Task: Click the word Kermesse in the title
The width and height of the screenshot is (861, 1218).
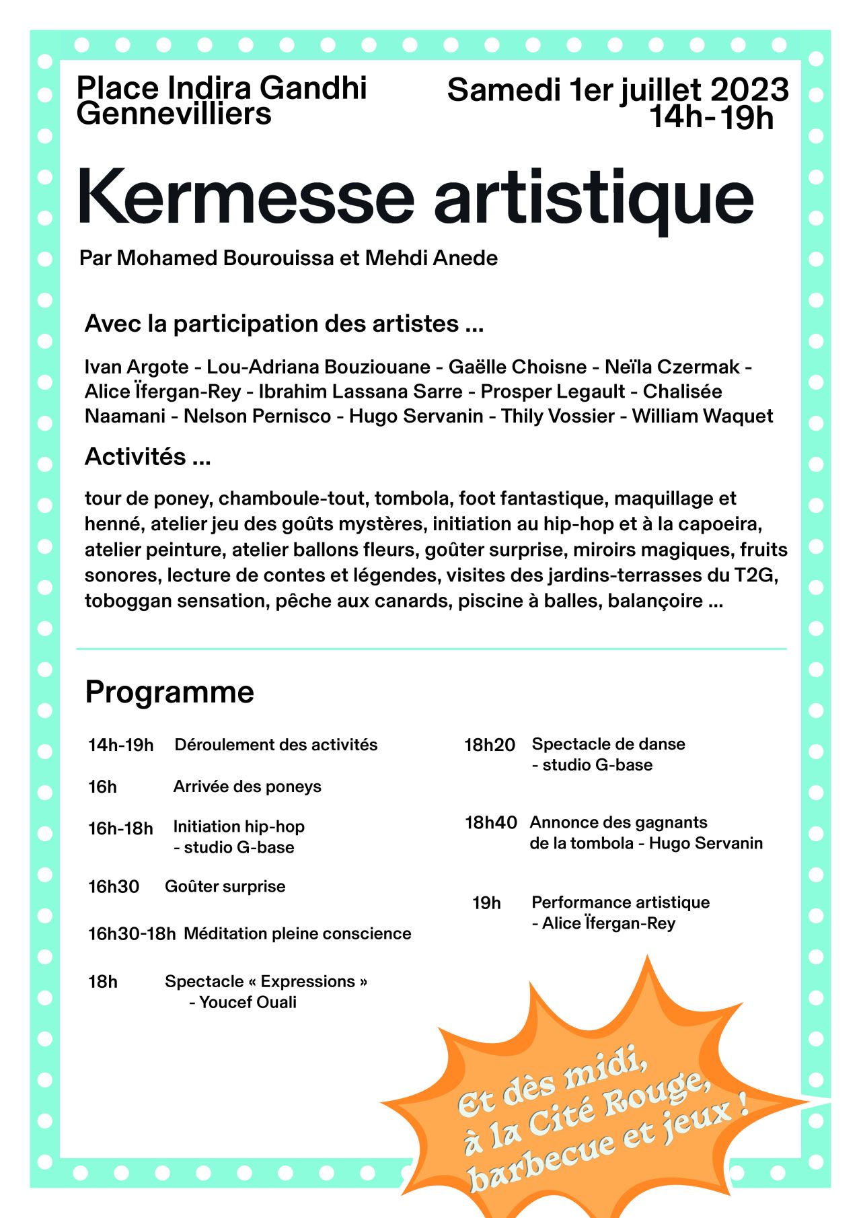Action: click(245, 197)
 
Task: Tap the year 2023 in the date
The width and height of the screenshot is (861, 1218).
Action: click(749, 90)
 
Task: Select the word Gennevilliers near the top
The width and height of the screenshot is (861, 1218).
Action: click(174, 113)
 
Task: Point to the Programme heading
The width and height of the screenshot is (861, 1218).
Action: click(170, 692)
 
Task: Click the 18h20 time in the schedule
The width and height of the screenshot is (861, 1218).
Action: click(490, 745)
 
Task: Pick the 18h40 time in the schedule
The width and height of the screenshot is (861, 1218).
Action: click(491, 822)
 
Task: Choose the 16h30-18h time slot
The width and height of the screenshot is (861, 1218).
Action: click(132, 934)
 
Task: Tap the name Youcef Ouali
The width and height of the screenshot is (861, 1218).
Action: click(248, 1002)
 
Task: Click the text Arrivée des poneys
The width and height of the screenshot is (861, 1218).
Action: click(247, 787)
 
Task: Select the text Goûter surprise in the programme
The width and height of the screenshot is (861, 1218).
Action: click(225, 886)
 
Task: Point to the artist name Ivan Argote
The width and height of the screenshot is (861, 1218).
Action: click(137, 367)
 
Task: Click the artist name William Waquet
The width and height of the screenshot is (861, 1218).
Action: click(702, 416)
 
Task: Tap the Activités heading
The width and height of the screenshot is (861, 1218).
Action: click(147, 457)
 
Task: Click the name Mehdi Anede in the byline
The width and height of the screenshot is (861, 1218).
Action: click(431, 258)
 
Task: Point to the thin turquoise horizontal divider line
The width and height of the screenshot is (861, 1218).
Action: click(430, 649)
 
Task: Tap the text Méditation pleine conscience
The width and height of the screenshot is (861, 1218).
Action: click(297, 934)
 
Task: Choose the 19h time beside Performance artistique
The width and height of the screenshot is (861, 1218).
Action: click(486, 903)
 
